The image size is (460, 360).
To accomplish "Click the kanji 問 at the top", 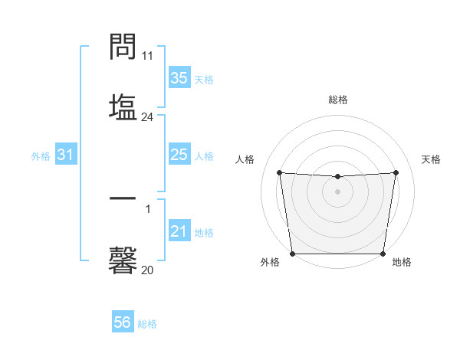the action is point(123,47).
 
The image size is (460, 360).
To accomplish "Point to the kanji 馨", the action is point(123,260).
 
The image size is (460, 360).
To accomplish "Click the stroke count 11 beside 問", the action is point(147,56).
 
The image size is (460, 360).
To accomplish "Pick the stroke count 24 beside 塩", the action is point(147,117).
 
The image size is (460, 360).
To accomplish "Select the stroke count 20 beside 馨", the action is point(147,270).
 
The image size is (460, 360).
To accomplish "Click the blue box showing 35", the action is point(179,78).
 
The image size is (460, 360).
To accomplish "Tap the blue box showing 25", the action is point(179,155).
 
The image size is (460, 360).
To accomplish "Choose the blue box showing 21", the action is point(179,231).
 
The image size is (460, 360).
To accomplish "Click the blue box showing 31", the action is point(66,155).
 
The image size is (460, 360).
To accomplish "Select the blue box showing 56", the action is point(122,322).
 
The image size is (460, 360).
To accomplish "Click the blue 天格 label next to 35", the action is point(204,80).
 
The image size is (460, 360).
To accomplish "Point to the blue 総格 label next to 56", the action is point(147,324).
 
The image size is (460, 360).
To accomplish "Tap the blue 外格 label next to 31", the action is point(41,156).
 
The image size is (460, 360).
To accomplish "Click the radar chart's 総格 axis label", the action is point(338,100).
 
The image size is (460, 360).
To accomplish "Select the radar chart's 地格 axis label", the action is point(402,263).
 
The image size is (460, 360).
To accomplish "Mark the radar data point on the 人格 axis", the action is point(279,172).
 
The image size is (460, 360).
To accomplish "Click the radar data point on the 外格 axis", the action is point(293,254).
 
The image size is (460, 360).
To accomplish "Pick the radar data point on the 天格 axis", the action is point(396,172).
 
